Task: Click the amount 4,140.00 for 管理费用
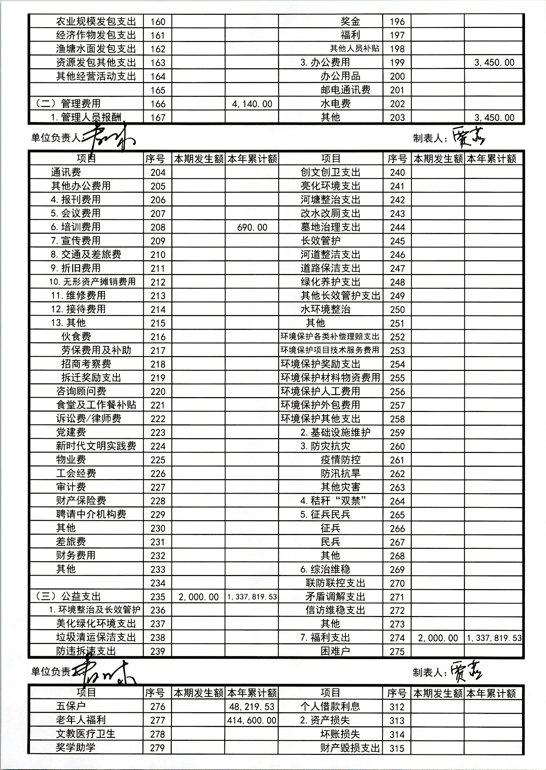pos(252,104)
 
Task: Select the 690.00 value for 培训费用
pos(252,227)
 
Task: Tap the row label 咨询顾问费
pos(81,391)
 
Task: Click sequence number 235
pos(158,597)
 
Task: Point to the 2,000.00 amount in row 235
pos(198,597)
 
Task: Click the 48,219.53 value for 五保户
pos(252,706)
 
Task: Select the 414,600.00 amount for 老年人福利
pos(252,720)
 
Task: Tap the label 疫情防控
pos(340,460)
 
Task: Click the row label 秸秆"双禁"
pos(333,501)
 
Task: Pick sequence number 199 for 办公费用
pos(397,62)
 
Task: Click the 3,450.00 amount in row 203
pos(494,118)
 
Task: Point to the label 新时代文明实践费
pos(96,446)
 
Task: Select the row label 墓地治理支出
pos(330,227)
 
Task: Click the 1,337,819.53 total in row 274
pos(494,638)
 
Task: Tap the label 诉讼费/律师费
pos(88,418)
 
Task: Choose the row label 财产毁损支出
pos(350,748)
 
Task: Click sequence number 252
pos(397,337)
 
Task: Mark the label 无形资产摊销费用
pos(92,282)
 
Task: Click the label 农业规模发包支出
pos(96,22)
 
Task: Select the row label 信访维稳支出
pos(335,610)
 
